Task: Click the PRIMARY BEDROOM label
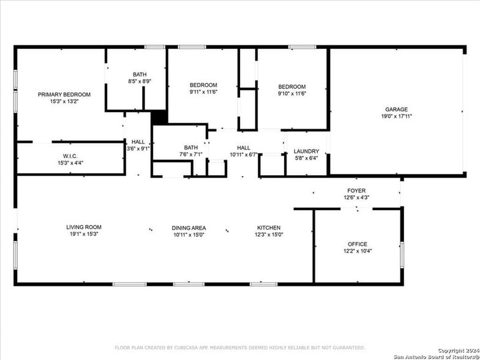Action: pos(64,94)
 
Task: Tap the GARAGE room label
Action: pos(380,110)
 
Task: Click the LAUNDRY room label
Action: pos(306,151)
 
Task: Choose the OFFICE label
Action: pos(358,244)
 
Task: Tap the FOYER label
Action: pos(356,190)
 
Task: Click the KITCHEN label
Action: pos(268,227)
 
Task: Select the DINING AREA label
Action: pos(189,228)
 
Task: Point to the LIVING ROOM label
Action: pos(84,227)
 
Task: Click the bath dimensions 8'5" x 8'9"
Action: pos(140,81)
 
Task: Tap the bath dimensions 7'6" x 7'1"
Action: pos(190,154)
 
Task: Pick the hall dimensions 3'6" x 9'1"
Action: pos(138,148)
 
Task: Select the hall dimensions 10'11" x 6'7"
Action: pos(244,154)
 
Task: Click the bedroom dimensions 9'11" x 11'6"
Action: pos(203,92)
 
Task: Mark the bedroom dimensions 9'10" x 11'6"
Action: pos(292,94)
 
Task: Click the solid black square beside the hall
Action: pos(159,117)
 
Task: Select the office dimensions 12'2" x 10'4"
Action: pos(358,250)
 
